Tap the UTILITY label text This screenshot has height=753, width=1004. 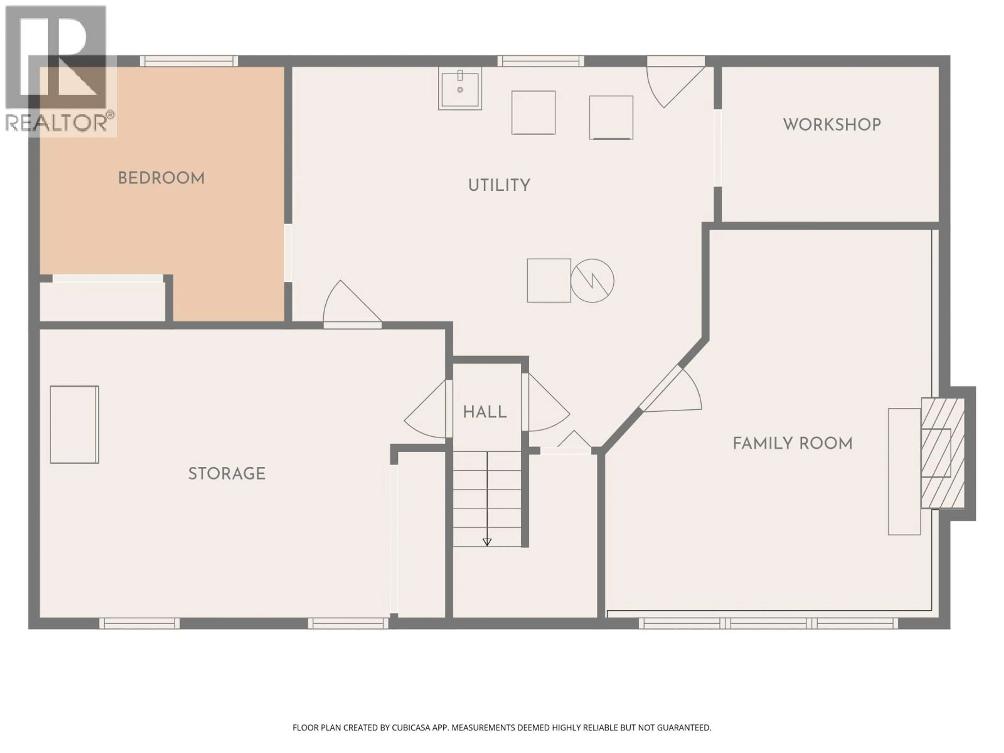tap(499, 185)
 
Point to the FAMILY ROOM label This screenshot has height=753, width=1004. tap(792, 443)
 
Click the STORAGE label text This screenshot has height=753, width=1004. tap(226, 474)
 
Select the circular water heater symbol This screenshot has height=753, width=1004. tap(592, 281)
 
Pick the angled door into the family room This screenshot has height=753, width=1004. tap(672, 390)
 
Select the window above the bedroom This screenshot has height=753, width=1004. tap(188, 61)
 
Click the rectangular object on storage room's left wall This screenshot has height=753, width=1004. tap(74, 424)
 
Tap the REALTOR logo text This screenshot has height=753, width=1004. tap(57, 123)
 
